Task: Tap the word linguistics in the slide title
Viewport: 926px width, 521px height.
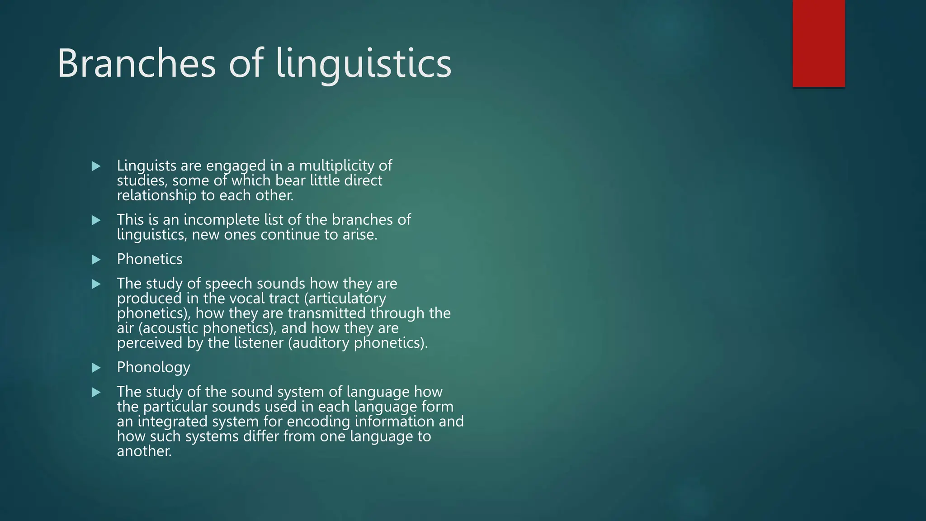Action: (x=364, y=64)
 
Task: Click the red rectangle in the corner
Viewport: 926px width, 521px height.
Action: (x=818, y=43)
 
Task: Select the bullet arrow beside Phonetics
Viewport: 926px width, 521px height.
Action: (x=96, y=260)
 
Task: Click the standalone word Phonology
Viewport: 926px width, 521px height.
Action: (x=153, y=367)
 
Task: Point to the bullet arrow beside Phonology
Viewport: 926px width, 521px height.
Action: (x=96, y=368)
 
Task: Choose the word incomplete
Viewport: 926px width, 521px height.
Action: (x=221, y=220)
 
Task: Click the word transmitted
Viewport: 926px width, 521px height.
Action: (x=326, y=313)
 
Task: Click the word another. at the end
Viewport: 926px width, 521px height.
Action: (x=144, y=451)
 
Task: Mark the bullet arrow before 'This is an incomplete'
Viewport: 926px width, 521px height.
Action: (x=96, y=220)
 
